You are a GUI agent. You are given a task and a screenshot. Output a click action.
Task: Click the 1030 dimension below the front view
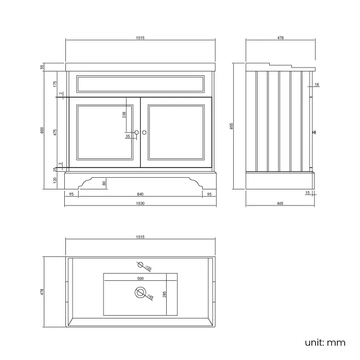(140, 203)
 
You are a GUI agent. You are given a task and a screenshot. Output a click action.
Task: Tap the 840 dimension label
(140, 194)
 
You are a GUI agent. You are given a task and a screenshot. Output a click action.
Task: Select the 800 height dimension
(42, 131)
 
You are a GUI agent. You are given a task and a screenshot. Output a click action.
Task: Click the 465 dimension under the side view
(280, 203)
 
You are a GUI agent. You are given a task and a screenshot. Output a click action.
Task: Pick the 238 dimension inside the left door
(125, 115)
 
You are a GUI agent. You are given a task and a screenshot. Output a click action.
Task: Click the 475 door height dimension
(55, 132)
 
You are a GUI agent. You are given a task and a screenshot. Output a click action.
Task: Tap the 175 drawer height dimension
(55, 84)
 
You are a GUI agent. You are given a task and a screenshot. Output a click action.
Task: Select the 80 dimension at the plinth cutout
(104, 183)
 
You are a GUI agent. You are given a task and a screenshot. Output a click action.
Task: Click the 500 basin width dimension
(140, 278)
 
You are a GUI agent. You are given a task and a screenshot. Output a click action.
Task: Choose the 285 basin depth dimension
(164, 294)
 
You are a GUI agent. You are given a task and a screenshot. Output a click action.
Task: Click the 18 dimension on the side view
(316, 85)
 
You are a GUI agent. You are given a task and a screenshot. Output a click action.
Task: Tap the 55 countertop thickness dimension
(42, 67)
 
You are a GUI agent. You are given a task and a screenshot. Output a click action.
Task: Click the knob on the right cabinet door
(145, 132)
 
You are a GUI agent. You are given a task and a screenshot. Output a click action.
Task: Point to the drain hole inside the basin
(141, 293)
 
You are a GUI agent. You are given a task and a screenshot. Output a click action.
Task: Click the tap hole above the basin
(141, 265)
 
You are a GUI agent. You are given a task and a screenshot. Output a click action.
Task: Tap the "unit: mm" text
(325, 342)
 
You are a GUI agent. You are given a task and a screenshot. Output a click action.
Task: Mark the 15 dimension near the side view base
(308, 193)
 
